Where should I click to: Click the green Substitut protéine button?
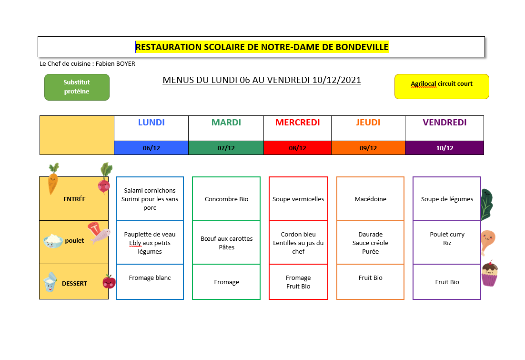point(77,87)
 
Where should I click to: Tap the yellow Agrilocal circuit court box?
point(442,86)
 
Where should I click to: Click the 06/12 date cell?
point(151,148)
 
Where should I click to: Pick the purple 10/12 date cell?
point(444,148)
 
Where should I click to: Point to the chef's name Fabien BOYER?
point(115,64)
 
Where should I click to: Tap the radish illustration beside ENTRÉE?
point(105,179)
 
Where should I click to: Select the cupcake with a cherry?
point(490,274)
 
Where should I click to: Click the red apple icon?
point(109,282)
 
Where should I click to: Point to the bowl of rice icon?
point(53,241)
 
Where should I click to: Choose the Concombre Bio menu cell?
point(226,199)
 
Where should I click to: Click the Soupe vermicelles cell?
point(298,199)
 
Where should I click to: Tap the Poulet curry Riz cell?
point(447,242)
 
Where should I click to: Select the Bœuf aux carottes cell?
point(226,242)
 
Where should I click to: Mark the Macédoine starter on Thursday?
point(370,199)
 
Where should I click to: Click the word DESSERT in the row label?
point(74,284)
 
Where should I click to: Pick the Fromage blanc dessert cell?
point(150,282)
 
